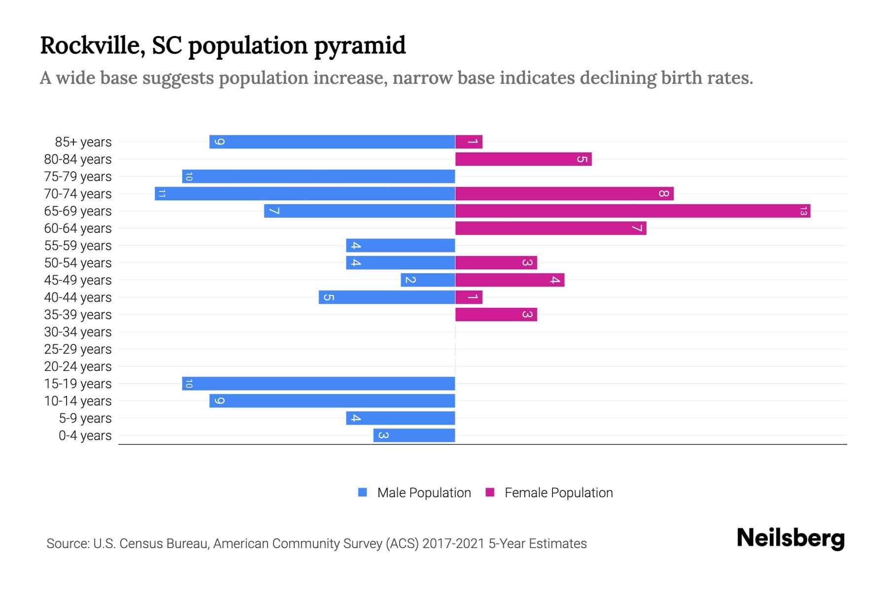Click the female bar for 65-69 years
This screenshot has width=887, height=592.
633,211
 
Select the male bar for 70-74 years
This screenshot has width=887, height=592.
305,194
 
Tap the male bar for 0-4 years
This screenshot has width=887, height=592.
414,436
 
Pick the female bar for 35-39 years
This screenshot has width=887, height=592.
496,315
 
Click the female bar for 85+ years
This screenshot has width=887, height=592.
469,142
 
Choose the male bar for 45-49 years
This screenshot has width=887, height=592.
428,280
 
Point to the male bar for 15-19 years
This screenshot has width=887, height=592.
318,384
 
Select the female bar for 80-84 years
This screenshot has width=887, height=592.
523,159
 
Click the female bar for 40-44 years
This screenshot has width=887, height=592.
469,297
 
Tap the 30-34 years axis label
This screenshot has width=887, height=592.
78,332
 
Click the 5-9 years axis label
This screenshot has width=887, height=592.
85,418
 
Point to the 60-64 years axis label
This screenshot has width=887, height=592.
78,228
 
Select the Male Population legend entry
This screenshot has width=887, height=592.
423,493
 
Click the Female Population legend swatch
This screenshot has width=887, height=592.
490,492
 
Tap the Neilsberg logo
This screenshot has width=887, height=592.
790,538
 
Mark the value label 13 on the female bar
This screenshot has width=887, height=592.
803,211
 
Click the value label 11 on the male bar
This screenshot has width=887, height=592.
162,194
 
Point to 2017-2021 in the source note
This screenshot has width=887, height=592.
453,544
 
